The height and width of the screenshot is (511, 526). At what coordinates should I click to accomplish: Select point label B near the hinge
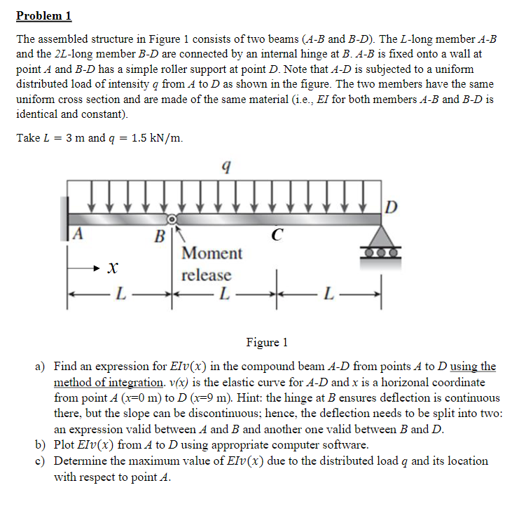point(160,236)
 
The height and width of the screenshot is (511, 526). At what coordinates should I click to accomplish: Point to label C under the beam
point(277,236)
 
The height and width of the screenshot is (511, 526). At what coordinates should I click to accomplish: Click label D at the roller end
point(392,207)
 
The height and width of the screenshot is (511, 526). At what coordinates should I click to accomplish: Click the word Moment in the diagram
point(211,253)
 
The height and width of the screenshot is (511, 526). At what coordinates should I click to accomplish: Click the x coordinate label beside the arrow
point(111,267)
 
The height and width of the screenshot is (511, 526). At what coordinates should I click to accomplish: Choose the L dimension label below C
point(223,292)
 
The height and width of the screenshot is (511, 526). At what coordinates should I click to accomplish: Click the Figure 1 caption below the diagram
point(267,342)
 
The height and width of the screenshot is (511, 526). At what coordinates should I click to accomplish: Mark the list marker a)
point(41,367)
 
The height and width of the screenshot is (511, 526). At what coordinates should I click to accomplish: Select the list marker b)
point(41,445)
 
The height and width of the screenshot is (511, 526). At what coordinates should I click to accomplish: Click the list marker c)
point(41,461)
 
